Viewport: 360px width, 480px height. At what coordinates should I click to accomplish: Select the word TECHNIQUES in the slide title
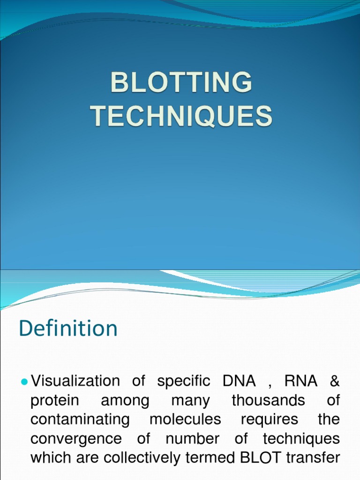(x=181, y=116)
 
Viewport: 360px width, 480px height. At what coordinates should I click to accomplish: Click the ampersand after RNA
(x=334, y=382)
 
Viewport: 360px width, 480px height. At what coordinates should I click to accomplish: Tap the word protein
(x=54, y=401)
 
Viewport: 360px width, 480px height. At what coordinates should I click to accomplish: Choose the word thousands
(x=268, y=401)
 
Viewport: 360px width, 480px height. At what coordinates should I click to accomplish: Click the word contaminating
(x=80, y=420)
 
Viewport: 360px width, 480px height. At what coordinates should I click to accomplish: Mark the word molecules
(x=185, y=420)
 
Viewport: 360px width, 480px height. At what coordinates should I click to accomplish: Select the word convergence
(x=75, y=439)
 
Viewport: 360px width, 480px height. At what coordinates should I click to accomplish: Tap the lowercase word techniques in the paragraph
(x=301, y=439)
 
